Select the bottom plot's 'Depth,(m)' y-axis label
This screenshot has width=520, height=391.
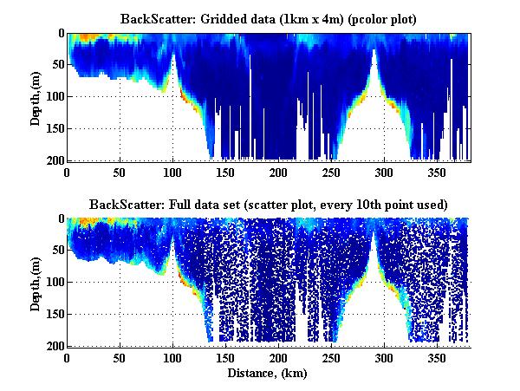click(36, 282)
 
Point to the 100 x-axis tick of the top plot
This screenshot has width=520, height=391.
click(173, 171)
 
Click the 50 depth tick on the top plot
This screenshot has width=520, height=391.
click(55, 65)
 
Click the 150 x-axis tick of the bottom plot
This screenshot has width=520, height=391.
click(226, 356)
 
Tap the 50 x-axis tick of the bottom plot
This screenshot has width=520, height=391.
click(120, 356)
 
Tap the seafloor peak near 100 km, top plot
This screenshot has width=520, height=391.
click(173, 54)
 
